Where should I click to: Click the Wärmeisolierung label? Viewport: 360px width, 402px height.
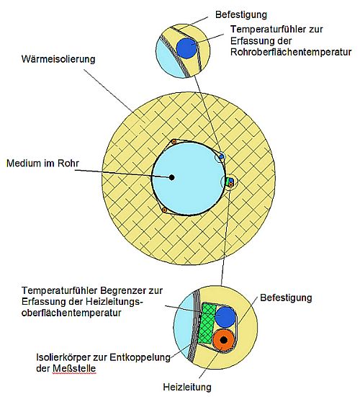pyautogui.click(x=58, y=59)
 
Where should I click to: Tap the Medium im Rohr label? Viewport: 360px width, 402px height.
pyautogui.click(x=42, y=164)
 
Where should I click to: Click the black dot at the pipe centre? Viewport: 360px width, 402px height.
pyautogui.click(x=171, y=177)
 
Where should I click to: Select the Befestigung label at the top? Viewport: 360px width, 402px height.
pyautogui.click(x=241, y=15)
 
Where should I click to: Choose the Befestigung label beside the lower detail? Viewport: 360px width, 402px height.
pyautogui.click(x=286, y=298)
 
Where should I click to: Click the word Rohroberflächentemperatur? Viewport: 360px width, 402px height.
pyautogui.click(x=291, y=52)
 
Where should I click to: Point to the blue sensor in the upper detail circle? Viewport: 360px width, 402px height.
pyautogui.click(x=186, y=48)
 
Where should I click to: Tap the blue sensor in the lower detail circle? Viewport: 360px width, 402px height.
pyautogui.click(x=225, y=317)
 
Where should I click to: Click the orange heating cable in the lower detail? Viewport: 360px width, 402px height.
pyautogui.click(x=223, y=340)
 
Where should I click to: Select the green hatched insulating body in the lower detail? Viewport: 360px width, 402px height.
pyautogui.click(x=207, y=323)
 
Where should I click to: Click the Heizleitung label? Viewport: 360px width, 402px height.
pyautogui.click(x=187, y=387)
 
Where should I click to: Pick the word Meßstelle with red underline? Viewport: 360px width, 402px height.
pyautogui.click(x=74, y=368)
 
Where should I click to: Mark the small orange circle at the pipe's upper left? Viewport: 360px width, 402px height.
pyautogui.click(x=174, y=142)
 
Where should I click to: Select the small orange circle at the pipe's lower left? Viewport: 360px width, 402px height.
pyautogui.click(x=164, y=210)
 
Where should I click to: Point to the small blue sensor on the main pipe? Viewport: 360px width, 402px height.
pyautogui.click(x=221, y=156)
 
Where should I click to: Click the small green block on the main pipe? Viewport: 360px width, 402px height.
pyautogui.click(x=228, y=182)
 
